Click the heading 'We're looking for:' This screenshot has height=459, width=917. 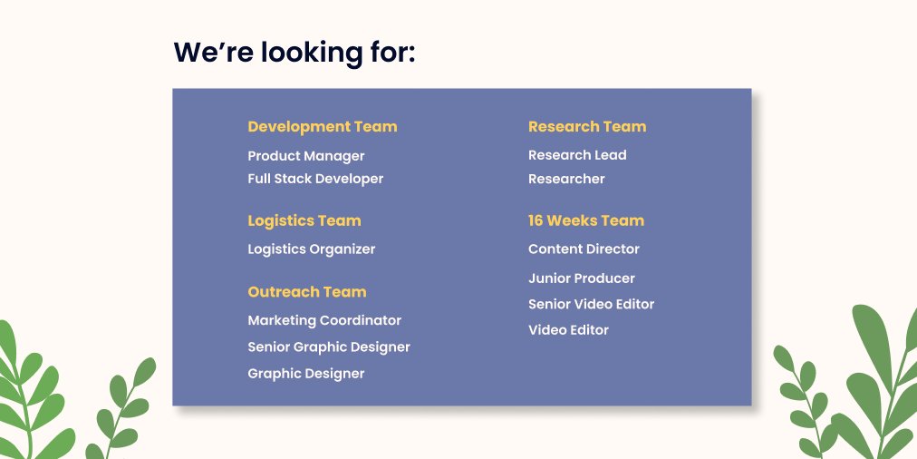294,52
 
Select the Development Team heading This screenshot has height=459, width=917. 322,127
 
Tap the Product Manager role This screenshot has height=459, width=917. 306,156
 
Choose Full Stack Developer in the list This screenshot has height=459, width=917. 315,179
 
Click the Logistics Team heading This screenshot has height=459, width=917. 304,220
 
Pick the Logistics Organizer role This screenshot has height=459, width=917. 311,249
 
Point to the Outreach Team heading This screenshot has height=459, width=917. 306,292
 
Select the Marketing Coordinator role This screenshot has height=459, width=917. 324,320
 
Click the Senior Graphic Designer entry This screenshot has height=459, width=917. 329,347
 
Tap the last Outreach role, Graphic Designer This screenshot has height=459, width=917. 306,374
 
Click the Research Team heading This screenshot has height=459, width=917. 587,127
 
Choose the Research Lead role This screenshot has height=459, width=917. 577,155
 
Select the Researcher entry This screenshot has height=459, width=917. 566,179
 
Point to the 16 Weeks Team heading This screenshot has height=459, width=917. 585,220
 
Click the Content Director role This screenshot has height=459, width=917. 584,249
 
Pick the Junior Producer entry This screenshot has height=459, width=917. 581,278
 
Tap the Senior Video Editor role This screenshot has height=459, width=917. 591,304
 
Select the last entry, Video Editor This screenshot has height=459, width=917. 568,330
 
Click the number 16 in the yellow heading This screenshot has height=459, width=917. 536,220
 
